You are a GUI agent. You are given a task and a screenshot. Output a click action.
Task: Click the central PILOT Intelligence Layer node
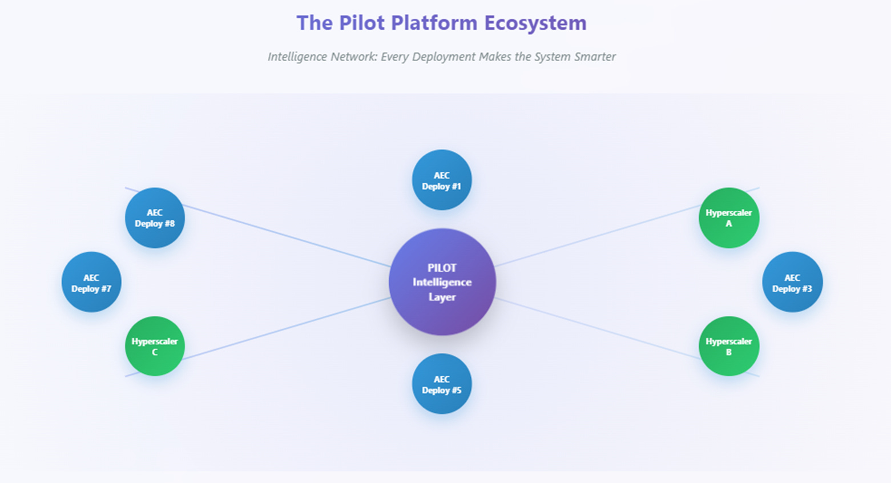click(x=442, y=281)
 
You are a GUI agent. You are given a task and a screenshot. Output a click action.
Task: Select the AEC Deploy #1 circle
click(x=442, y=180)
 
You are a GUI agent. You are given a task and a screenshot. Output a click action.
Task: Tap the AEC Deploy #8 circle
click(x=155, y=218)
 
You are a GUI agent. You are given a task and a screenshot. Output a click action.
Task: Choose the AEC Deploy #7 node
click(x=91, y=282)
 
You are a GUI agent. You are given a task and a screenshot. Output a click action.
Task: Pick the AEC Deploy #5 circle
click(x=442, y=384)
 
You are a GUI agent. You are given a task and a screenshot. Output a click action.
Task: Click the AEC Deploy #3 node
click(x=792, y=282)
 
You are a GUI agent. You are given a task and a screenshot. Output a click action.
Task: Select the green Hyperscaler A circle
click(x=729, y=218)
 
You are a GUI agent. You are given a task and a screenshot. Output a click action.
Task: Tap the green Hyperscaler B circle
click(x=729, y=346)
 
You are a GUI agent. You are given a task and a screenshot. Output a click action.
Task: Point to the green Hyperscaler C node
click(x=155, y=346)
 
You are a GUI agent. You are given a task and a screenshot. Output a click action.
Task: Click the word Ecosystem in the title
click(x=535, y=23)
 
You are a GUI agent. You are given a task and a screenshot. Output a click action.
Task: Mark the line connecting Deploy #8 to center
click(x=285, y=235)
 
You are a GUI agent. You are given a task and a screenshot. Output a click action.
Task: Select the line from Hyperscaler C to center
click(x=285, y=328)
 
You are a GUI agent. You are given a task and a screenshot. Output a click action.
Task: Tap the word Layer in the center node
click(x=442, y=297)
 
